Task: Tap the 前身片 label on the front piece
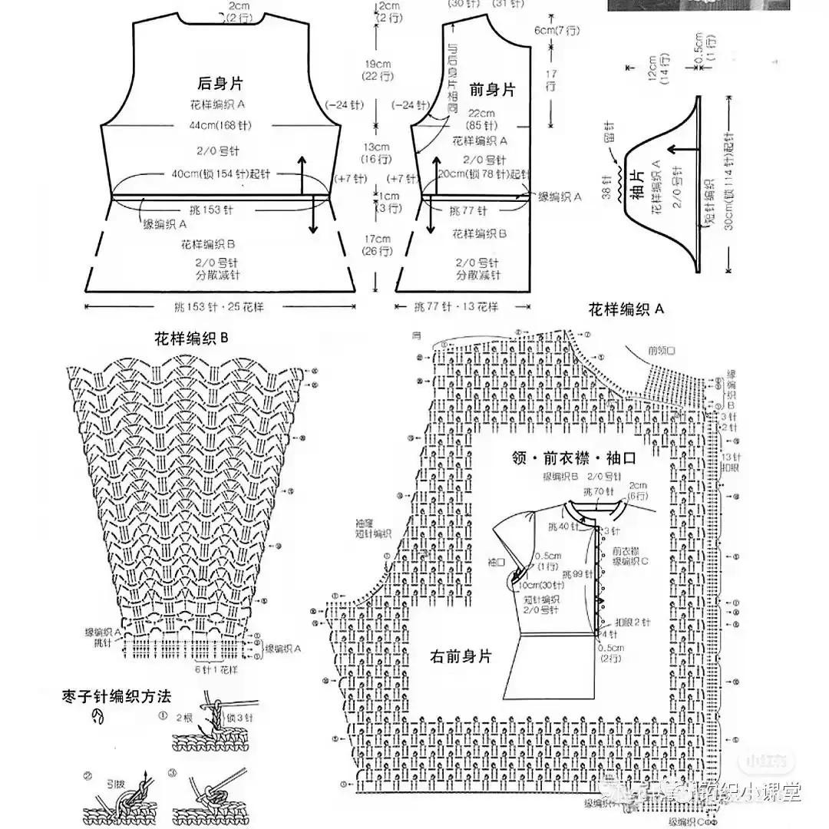click(492, 90)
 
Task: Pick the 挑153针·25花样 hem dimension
click(221, 306)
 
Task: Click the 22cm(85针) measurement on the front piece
click(486, 119)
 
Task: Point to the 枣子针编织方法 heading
click(117, 697)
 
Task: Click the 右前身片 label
click(461, 656)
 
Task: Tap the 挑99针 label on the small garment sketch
click(574, 573)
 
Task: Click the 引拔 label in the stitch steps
click(116, 784)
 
